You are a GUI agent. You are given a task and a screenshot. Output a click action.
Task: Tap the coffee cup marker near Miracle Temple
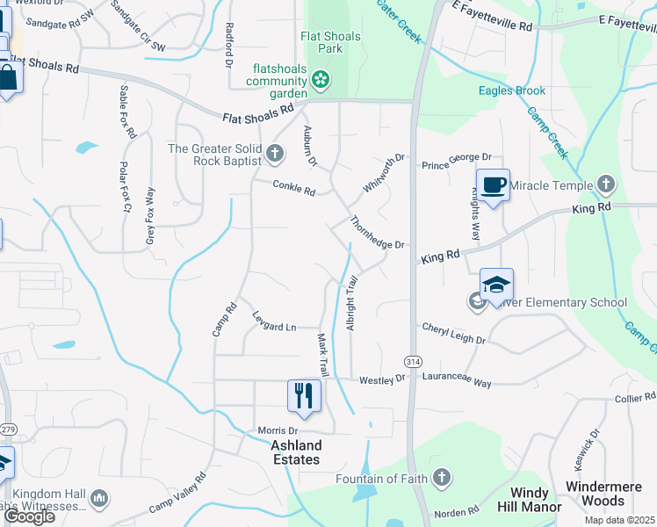pyautogui.click(x=493, y=184)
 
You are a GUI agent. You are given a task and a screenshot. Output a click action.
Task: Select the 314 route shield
pyautogui.click(x=411, y=362)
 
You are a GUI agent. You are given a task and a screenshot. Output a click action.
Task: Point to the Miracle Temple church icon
pyautogui.click(x=605, y=184)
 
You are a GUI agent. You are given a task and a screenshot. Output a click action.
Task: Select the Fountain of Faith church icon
pyautogui.click(x=442, y=478)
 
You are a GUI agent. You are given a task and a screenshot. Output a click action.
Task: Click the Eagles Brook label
pyautogui.click(x=512, y=90)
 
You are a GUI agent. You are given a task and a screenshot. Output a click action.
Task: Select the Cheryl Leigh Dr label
pyautogui.click(x=453, y=333)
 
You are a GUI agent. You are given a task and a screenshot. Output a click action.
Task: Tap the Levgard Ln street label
pyautogui.click(x=274, y=321)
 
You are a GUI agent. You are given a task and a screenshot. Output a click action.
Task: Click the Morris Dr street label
pyautogui.click(x=278, y=430)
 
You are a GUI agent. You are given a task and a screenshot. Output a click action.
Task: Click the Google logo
pyautogui.click(x=29, y=516)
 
